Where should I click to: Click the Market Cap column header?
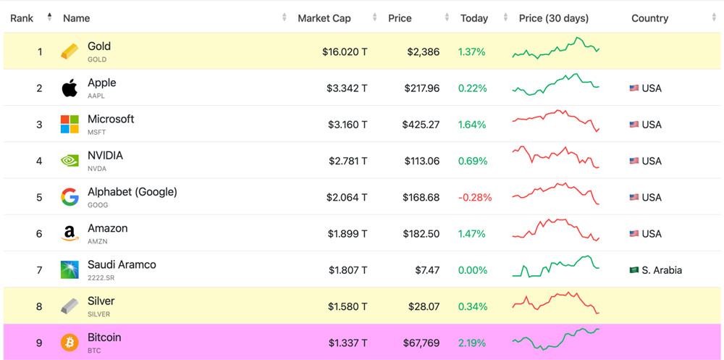click(x=324, y=18)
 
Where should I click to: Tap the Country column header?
click(x=649, y=18)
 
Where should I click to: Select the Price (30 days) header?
click(x=553, y=18)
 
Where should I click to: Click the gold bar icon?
click(x=70, y=51)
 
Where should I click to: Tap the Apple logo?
click(x=70, y=88)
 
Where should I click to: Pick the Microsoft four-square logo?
click(x=70, y=125)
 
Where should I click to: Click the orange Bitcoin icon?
click(x=70, y=343)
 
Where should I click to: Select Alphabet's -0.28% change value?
click(x=475, y=197)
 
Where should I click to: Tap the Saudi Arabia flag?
click(x=634, y=270)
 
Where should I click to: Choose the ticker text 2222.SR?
click(x=101, y=278)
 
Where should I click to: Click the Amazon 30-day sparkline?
click(x=555, y=230)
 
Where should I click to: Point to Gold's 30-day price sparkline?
click(x=555, y=49)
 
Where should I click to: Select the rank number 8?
click(x=39, y=306)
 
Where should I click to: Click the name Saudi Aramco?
click(x=122, y=264)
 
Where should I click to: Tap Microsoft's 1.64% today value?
click(x=472, y=125)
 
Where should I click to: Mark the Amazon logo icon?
click(x=70, y=234)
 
